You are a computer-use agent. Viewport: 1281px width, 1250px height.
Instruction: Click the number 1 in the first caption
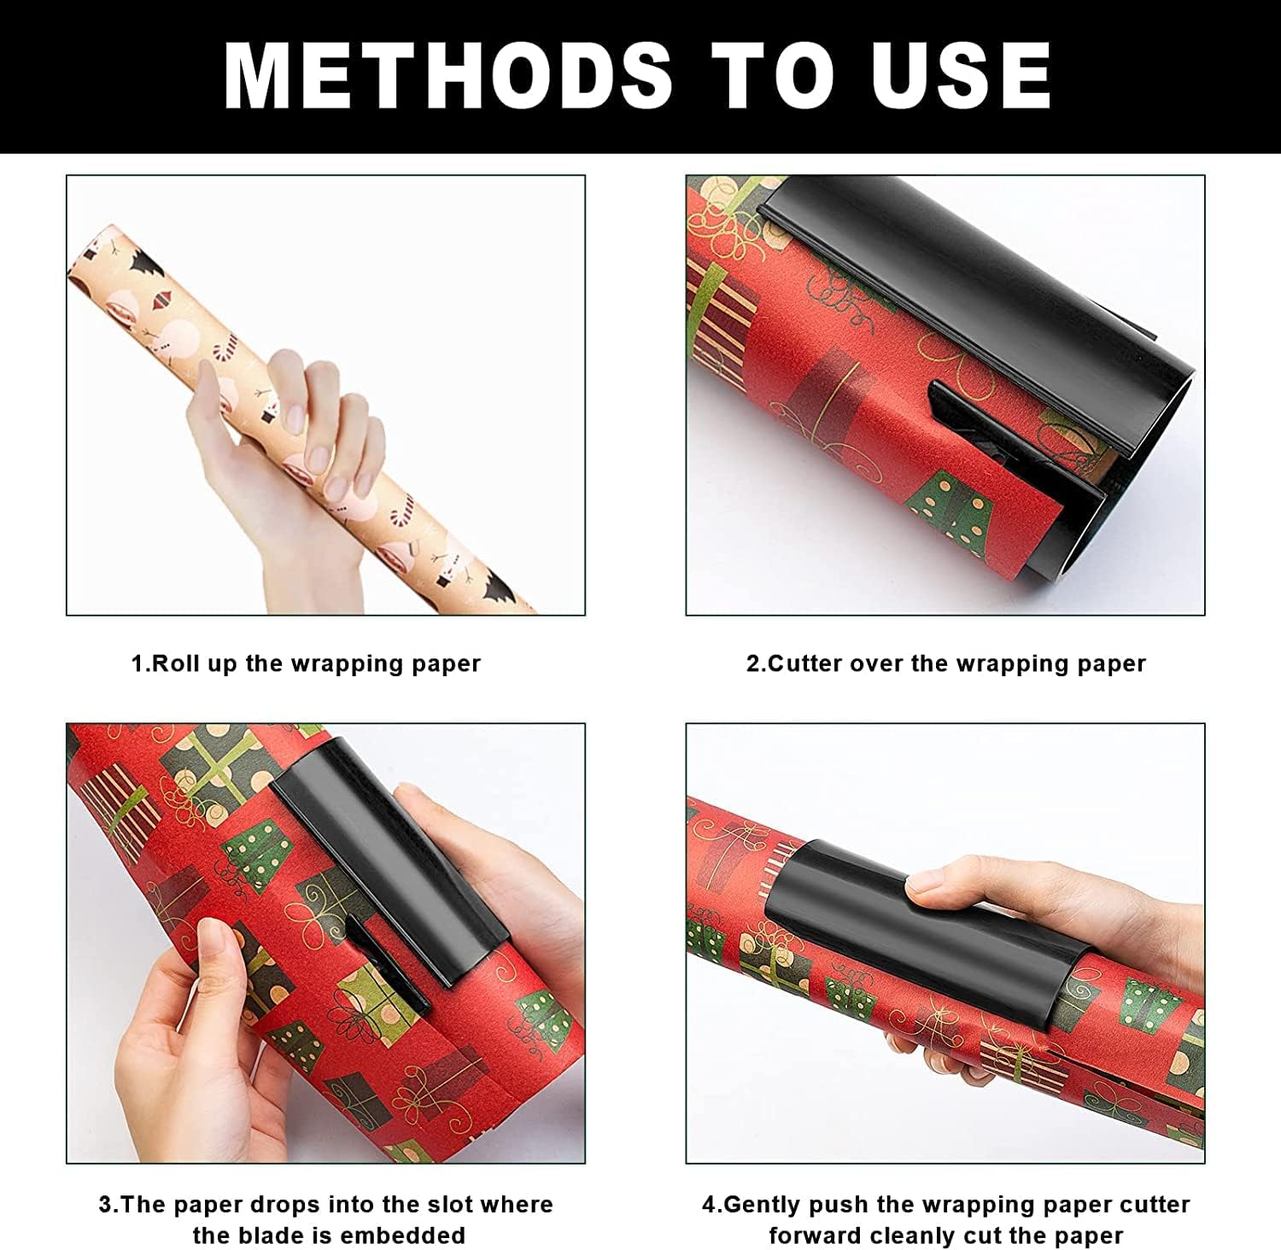point(137,663)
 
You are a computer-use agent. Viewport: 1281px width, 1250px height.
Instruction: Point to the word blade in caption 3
point(288,1235)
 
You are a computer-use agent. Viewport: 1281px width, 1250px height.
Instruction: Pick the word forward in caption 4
point(815,1235)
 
